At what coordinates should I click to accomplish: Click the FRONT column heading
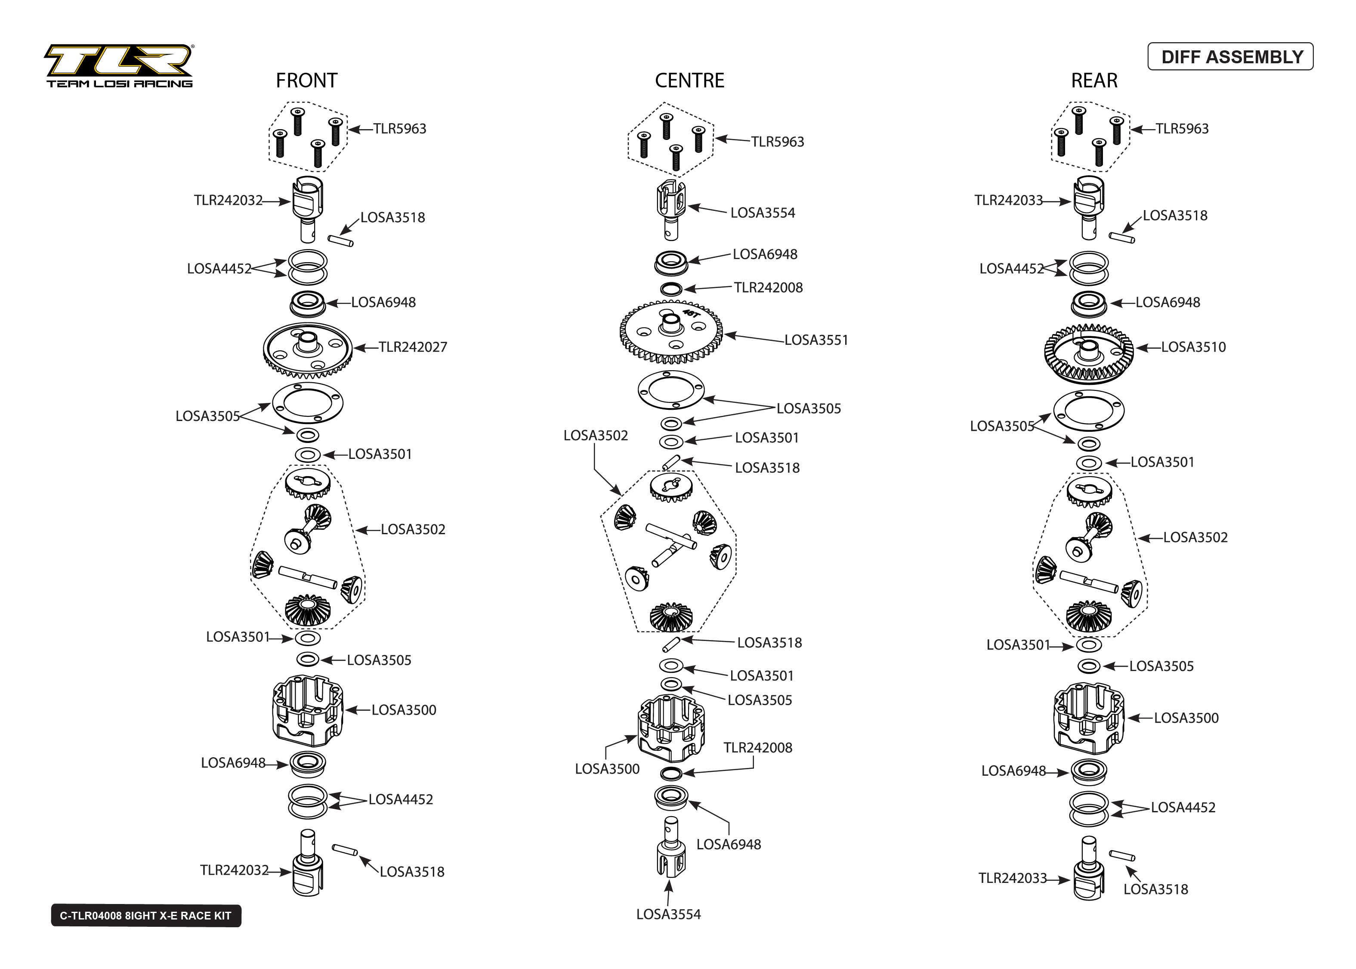click(306, 80)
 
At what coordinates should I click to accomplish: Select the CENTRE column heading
click(689, 80)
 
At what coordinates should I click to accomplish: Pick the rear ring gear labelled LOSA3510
click(1088, 353)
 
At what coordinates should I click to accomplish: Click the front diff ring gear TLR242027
click(308, 350)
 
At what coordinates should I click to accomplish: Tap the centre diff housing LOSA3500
click(671, 731)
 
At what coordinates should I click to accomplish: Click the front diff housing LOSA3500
click(308, 711)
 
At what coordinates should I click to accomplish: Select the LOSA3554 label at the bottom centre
click(668, 914)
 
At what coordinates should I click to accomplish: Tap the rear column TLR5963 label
click(1181, 129)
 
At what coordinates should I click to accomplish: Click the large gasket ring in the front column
click(308, 403)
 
